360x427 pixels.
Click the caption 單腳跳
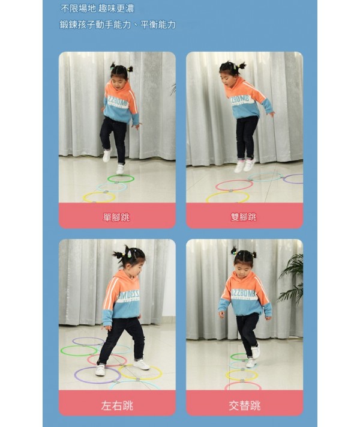click(116, 217)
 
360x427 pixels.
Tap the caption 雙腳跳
click(244, 217)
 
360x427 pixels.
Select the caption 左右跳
click(117, 405)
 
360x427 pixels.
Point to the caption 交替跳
click(244, 405)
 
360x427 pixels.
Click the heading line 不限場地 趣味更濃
click(97, 9)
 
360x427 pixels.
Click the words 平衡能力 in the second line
click(158, 25)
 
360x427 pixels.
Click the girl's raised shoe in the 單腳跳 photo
click(107, 155)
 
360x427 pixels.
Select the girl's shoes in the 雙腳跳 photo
click(245, 165)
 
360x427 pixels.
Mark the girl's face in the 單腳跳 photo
click(118, 82)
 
